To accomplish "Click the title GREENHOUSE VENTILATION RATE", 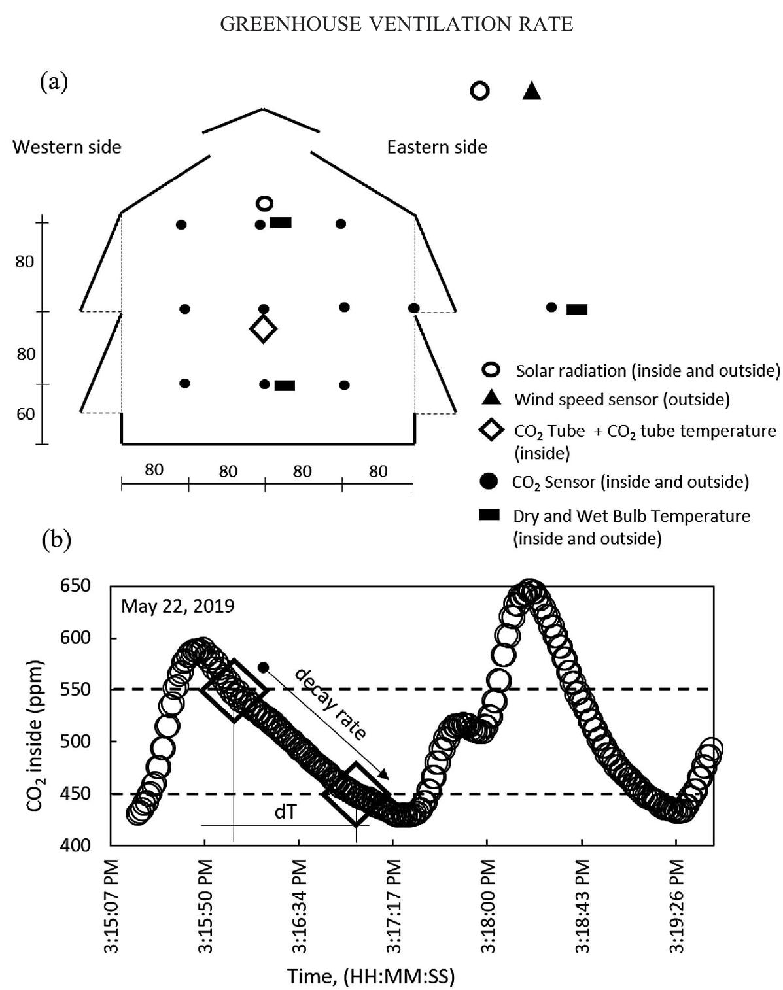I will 396,24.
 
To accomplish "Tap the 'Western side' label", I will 67,146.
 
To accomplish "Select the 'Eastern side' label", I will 437,146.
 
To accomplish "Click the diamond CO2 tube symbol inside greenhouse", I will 263,328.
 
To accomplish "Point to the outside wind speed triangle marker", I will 532,91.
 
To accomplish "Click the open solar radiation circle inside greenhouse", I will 264,203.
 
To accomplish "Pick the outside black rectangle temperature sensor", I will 576,309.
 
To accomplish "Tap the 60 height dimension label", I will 26,414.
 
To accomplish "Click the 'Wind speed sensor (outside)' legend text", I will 621,399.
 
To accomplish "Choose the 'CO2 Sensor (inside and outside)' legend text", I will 630,483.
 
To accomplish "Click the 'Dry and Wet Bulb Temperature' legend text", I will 631,516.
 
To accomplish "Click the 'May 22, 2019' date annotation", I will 177,606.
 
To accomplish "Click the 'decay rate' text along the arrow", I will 331,703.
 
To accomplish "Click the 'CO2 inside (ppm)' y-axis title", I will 36,736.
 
